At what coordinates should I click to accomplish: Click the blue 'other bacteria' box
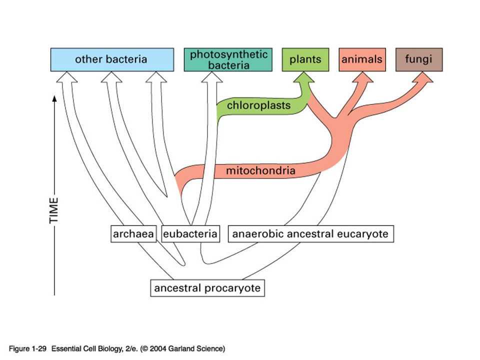(x=112, y=59)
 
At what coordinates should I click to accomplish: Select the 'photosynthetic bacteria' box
(x=228, y=59)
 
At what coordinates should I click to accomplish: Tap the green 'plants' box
(x=305, y=59)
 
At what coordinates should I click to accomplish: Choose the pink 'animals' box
(x=362, y=59)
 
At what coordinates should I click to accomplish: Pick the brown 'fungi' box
(x=419, y=59)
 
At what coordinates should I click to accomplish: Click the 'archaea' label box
(x=133, y=234)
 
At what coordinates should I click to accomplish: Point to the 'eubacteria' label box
(x=190, y=234)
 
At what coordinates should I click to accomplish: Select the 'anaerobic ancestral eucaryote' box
(x=310, y=234)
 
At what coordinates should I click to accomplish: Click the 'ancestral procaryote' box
(x=207, y=288)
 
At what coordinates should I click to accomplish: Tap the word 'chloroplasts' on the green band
(x=258, y=105)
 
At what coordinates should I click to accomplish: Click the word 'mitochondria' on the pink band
(x=260, y=170)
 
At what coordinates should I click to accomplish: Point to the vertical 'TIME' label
(x=53, y=210)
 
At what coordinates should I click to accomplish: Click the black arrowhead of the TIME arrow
(x=54, y=98)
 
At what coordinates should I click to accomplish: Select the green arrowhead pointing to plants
(x=303, y=77)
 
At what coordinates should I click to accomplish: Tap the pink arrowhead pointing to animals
(x=363, y=77)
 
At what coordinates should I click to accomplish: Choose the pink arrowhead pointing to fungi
(x=423, y=77)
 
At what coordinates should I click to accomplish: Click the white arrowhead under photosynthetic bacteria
(x=212, y=77)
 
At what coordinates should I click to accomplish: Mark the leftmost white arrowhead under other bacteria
(x=66, y=77)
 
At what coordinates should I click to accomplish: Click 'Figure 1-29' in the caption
(x=27, y=348)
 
